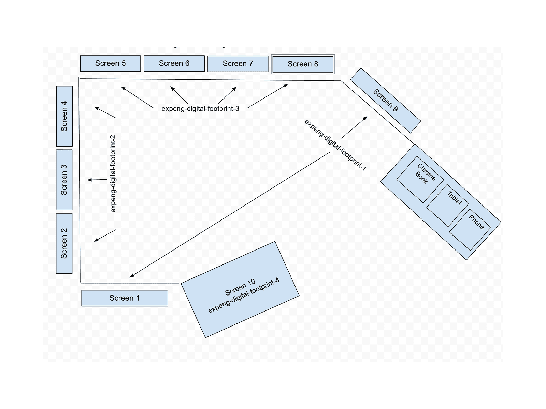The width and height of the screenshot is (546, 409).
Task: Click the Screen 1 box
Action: coord(125,298)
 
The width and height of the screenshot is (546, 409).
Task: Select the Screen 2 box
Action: coord(64,243)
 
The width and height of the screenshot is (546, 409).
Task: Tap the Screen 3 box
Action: coord(64,180)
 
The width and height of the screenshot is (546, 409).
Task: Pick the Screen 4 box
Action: coord(64,116)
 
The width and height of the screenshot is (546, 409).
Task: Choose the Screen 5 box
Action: coord(110,63)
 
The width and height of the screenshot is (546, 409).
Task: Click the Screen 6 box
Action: coord(174,63)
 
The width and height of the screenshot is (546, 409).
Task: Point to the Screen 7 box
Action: coord(238,64)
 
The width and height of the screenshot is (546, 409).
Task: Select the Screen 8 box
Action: coord(303,64)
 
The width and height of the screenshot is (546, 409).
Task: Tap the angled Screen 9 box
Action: coord(386,100)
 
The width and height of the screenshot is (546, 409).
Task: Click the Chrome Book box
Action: coord(420,179)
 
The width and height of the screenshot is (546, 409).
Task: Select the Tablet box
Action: coord(447,205)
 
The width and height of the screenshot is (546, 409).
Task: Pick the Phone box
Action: coord(470,229)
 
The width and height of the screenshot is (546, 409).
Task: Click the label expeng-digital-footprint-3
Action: coord(200,109)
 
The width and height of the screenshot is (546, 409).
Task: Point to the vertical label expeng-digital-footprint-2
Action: coord(113,174)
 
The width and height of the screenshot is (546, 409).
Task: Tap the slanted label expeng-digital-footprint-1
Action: coord(335,145)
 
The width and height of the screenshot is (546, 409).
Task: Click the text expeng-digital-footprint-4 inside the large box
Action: coord(244,296)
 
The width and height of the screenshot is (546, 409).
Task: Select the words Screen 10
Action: coord(240,287)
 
